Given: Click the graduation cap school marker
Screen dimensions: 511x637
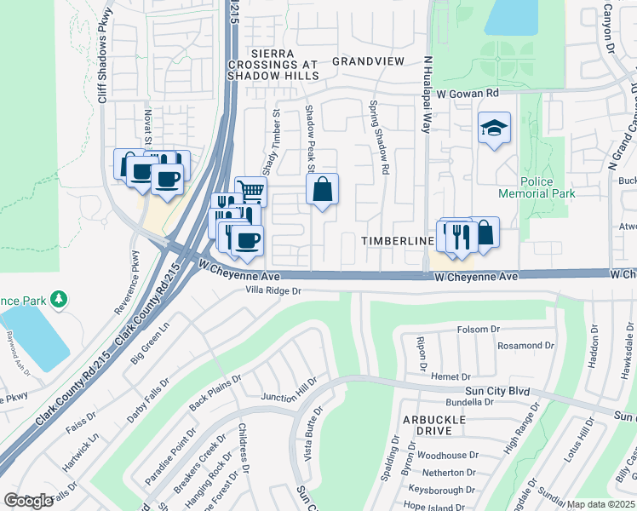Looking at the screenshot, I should click(494, 128).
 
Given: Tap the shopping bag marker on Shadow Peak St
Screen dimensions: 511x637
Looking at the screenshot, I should click(323, 190).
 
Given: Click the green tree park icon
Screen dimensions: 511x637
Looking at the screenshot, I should click(59, 299).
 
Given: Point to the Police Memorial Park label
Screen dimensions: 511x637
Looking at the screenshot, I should click(548, 187).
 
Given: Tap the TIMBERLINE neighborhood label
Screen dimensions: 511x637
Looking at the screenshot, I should click(398, 241).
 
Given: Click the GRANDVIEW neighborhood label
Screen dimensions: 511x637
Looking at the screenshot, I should click(368, 62).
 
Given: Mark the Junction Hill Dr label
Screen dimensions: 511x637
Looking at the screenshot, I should click(289, 391).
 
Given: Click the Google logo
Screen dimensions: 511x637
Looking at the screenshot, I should click(28, 500).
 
